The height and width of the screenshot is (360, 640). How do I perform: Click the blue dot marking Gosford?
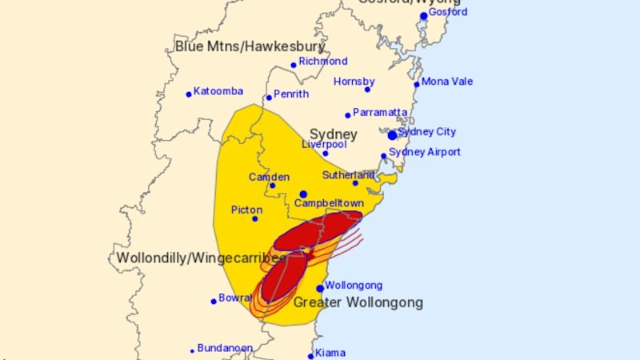click(423, 16)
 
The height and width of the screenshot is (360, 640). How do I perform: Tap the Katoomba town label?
click(218, 91)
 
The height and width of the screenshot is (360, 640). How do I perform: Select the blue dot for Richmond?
click(294, 66)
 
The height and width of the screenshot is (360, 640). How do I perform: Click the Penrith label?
click(291, 94)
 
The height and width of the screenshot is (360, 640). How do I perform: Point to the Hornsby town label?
click(354, 82)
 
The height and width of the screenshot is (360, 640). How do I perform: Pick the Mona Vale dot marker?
click(416, 84)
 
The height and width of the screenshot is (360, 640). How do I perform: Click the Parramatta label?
click(381, 112)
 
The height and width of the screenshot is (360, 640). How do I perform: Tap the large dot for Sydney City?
click(392, 135)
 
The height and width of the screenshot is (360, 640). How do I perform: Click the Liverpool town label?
click(324, 145)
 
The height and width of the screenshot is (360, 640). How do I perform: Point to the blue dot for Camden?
click(272, 186)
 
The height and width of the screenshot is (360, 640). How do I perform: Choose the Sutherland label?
click(348, 174)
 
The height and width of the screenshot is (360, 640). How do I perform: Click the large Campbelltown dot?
click(303, 194)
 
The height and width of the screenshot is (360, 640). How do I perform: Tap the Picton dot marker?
click(255, 218)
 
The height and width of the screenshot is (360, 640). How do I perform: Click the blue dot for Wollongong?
click(320, 288)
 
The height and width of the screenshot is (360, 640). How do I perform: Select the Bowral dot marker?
click(214, 302)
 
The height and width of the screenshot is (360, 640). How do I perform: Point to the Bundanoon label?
click(225, 349)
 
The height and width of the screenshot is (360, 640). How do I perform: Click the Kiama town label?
click(330, 353)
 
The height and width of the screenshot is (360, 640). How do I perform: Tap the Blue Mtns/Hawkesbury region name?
click(250, 46)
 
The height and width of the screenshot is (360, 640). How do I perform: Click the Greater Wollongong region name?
click(358, 303)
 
